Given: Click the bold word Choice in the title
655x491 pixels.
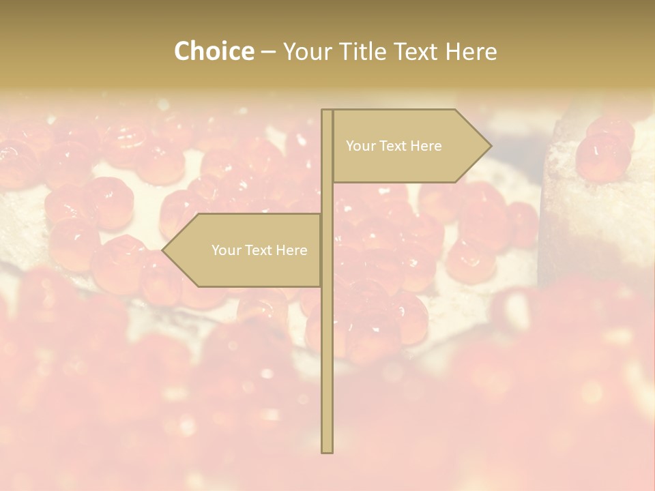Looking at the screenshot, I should point(214,51).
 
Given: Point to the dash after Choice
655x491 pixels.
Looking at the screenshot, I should point(268,52).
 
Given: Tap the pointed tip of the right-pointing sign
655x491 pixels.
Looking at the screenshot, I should point(490,146).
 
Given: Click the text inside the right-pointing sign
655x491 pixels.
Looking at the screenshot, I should point(394,146).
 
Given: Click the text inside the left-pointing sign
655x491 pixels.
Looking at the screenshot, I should point(259,250).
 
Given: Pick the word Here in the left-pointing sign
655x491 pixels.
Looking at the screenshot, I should point(291,250).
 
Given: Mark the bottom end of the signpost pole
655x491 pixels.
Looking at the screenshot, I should point(327,451).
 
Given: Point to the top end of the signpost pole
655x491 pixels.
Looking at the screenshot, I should point(327,110).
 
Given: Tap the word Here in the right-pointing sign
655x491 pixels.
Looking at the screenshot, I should point(426,146).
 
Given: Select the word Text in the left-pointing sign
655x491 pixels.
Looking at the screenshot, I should point(259,250).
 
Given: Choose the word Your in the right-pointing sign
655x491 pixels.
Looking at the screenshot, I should point(360,146).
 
